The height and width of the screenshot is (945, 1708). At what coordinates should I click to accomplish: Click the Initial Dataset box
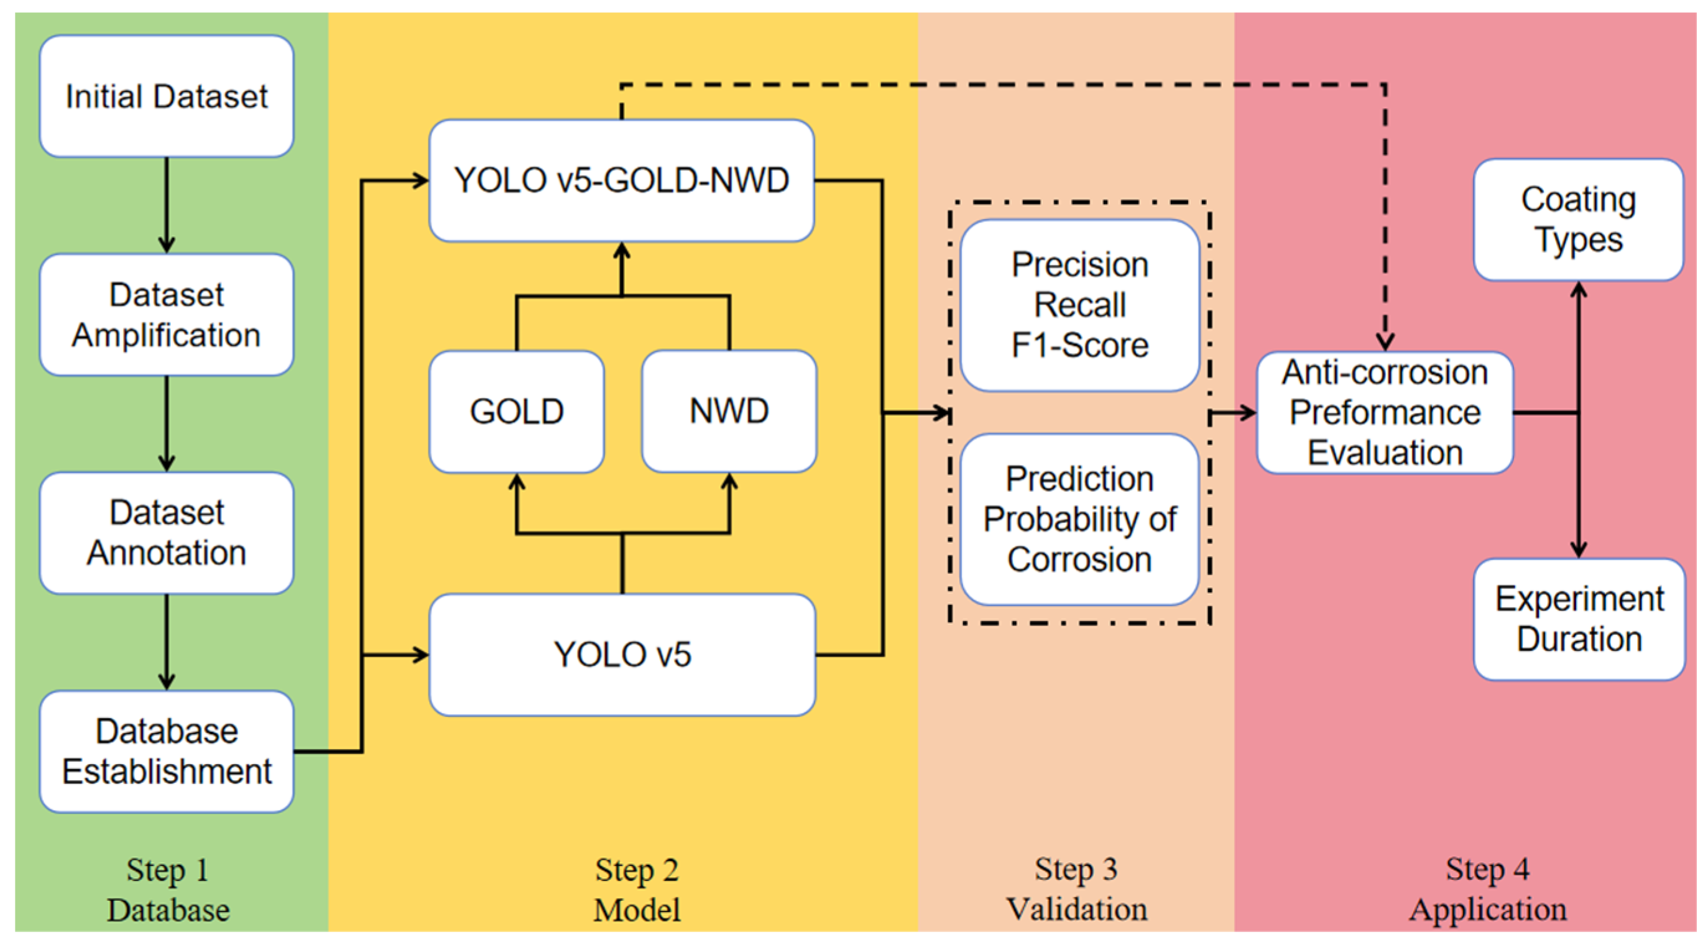tap(167, 96)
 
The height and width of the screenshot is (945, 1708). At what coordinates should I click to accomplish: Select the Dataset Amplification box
tap(167, 315)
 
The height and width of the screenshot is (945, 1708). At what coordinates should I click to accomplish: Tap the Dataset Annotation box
tap(167, 533)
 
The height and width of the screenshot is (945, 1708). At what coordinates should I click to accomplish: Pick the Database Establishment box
tap(167, 752)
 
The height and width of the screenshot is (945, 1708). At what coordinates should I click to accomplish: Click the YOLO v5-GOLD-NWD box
tap(621, 180)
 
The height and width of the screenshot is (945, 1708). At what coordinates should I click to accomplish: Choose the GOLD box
tap(517, 411)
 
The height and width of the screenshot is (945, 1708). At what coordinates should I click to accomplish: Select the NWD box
tap(729, 411)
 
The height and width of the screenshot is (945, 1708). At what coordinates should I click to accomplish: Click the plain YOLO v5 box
tap(622, 655)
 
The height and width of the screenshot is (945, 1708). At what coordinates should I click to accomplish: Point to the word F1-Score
tap(1079, 346)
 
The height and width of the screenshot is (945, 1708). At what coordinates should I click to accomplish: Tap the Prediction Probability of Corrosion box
tap(1079, 519)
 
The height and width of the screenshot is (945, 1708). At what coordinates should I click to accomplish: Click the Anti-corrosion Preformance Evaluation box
tap(1385, 412)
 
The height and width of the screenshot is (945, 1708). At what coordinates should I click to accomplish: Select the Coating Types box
tap(1578, 219)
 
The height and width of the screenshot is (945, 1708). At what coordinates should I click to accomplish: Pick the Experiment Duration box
tap(1579, 619)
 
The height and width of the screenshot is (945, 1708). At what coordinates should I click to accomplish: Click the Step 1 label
tap(168, 870)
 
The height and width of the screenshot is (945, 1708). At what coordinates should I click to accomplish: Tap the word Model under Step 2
tap(637, 910)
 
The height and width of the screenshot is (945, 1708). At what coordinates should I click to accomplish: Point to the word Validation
tap(1076, 908)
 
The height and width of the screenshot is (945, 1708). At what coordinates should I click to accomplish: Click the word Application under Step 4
tap(1487, 908)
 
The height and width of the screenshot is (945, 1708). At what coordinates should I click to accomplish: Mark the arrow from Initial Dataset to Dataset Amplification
tap(167, 206)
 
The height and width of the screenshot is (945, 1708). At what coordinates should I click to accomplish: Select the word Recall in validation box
tap(1079, 305)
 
